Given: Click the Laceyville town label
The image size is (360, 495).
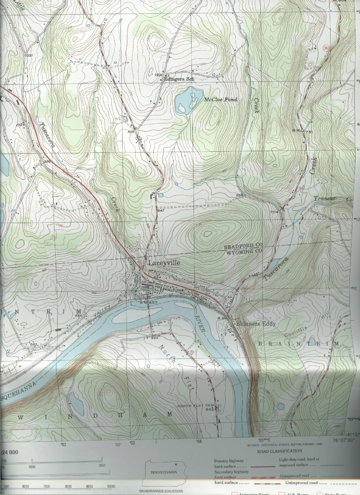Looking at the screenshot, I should coord(164,263).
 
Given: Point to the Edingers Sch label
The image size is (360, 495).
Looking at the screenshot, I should coord(179,79).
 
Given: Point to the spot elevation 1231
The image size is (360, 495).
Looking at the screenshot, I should coord(158,75).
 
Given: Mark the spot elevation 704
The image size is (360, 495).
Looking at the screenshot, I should coord(275,212).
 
